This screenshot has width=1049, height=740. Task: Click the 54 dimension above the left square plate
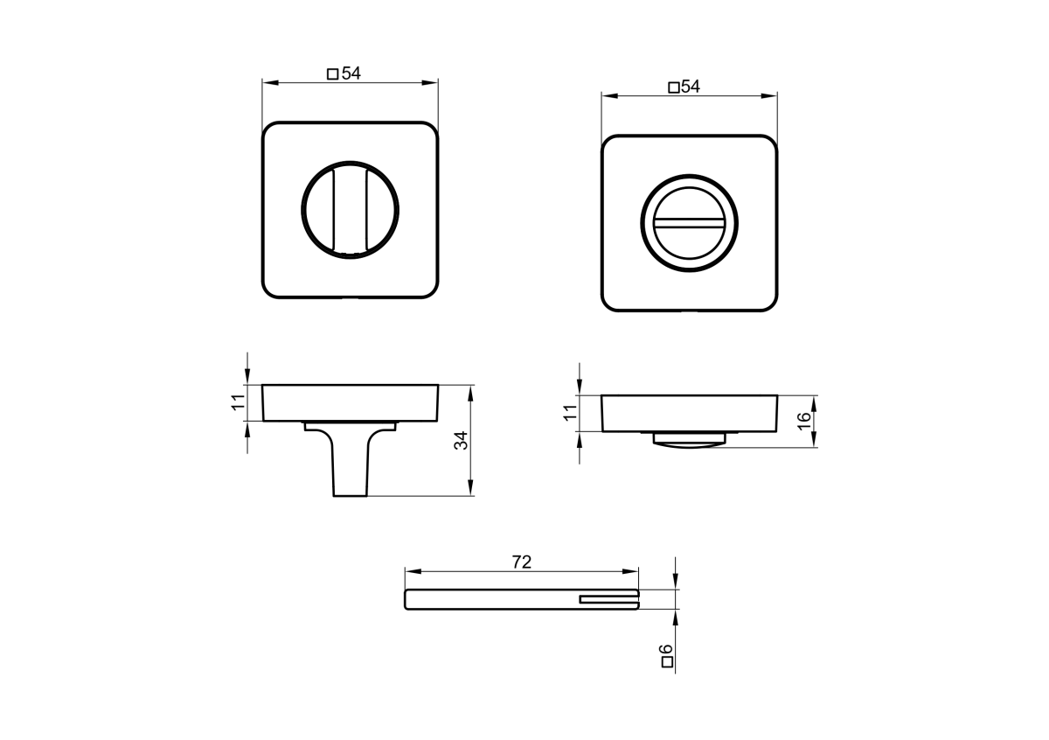pyautogui.click(x=351, y=73)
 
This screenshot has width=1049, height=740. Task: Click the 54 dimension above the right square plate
pyautogui.click(x=691, y=87)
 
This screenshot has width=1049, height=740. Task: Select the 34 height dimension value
pyautogui.click(x=462, y=441)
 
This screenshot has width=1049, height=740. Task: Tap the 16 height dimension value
pyautogui.click(x=803, y=421)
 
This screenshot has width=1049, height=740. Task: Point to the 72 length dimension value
pyautogui.click(x=522, y=562)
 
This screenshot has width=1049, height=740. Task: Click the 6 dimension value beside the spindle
pyautogui.click(x=666, y=650)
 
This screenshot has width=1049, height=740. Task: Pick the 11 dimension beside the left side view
pyautogui.click(x=239, y=402)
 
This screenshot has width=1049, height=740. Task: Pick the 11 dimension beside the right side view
pyautogui.click(x=570, y=413)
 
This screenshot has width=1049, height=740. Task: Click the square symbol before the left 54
pyautogui.click(x=332, y=74)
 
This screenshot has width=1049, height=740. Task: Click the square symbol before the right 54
pyautogui.click(x=673, y=87)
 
